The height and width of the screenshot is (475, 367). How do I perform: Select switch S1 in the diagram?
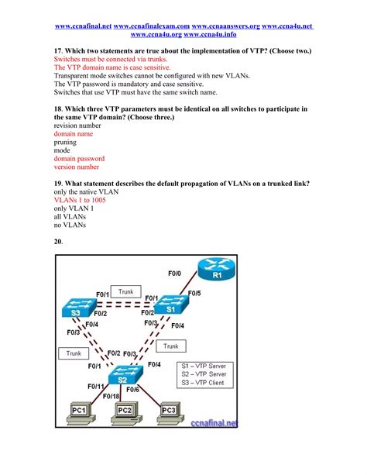171,305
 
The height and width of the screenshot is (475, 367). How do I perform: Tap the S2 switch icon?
125,375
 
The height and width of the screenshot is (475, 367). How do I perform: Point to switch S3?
79,308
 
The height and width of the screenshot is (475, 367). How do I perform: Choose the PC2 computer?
125,413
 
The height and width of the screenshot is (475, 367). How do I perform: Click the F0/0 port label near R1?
174,274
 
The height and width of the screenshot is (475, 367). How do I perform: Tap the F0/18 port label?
111,396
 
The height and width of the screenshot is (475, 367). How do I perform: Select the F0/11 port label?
96,387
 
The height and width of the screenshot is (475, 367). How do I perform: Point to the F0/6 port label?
132,390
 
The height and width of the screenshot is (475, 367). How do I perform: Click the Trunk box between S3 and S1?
125,291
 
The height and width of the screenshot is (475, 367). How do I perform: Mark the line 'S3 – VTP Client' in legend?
203,383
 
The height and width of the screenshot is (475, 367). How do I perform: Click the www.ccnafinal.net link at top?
84,26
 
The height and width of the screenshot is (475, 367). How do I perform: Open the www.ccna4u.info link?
210,34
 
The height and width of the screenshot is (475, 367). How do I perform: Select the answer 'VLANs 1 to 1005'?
80,200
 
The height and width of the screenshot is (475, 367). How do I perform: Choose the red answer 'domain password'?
79,158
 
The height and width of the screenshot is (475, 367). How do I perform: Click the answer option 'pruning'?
65,143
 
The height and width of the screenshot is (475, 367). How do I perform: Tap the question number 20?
58,242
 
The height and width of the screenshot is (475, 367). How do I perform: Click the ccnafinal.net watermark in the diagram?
214,423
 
